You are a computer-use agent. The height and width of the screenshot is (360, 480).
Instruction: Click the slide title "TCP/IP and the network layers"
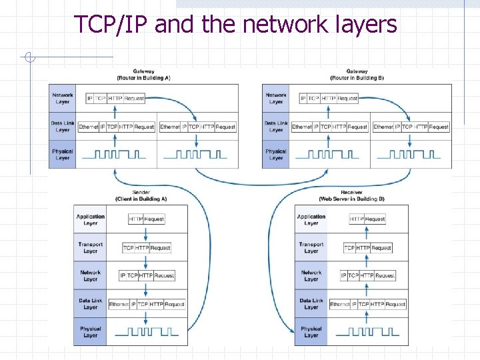(x=235, y=24)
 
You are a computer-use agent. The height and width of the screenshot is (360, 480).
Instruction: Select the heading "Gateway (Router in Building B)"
(x=357, y=74)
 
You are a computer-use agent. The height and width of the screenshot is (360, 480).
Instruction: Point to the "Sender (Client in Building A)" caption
(x=141, y=195)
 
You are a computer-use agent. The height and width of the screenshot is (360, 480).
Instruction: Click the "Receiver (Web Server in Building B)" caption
(x=351, y=195)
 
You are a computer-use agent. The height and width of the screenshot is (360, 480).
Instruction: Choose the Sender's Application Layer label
(x=91, y=219)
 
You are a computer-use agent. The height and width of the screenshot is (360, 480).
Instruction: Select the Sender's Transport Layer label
(x=91, y=247)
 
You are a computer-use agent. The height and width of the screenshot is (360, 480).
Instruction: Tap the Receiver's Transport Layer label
(x=311, y=247)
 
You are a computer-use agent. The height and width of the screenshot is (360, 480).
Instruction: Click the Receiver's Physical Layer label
(x=311, y=331)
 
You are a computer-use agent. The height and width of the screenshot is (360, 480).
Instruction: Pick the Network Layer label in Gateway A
(x=63, y=98)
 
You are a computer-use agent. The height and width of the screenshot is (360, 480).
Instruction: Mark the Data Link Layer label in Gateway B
(x=276, y=126)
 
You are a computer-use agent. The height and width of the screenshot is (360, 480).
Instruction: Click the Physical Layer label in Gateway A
(x=63, y=154)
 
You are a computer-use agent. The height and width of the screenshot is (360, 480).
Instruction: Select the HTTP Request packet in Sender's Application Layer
(x=146, y=219)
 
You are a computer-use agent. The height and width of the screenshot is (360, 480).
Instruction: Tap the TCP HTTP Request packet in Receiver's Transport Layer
(x=367, y=247)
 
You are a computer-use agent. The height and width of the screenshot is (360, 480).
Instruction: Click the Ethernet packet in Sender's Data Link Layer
(x=147, y=304)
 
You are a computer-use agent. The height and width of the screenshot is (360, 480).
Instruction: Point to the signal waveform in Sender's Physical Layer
(x=147, y=331)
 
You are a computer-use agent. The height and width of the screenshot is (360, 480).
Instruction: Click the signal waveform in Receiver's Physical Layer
(x=367, y=331)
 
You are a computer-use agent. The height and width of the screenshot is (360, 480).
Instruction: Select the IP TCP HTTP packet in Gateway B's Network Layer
(x=329, y=98)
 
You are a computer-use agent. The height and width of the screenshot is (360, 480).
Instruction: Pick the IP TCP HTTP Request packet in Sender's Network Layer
(x=147, y=275)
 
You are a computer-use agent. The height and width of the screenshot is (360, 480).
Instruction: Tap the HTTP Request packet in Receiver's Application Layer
(x=367, y=219)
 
